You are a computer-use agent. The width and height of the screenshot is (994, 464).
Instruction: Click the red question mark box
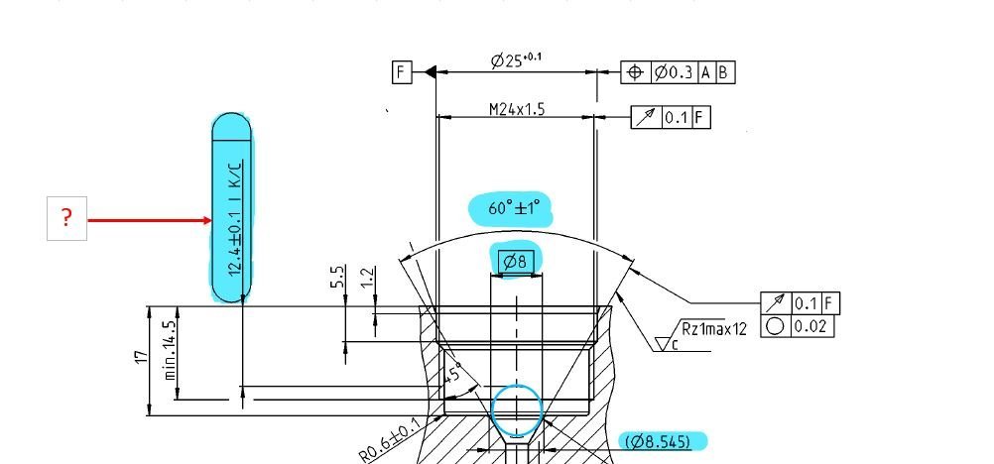(66, 218)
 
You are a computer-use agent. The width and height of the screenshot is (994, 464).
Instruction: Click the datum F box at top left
(402, 72)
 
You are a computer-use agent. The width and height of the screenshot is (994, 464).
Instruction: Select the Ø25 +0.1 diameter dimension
(516, 60)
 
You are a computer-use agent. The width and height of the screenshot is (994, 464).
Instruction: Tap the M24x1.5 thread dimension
(517, 109)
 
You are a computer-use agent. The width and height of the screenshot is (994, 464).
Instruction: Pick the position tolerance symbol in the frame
(635, 73)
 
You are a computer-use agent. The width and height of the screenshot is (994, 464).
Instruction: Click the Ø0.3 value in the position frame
(674, 73)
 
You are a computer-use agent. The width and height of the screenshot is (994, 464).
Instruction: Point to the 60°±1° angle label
(514, 208)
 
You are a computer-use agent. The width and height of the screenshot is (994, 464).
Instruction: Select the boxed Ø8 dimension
(517, 261)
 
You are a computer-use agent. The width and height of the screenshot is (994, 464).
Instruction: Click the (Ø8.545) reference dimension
(658, 441)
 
